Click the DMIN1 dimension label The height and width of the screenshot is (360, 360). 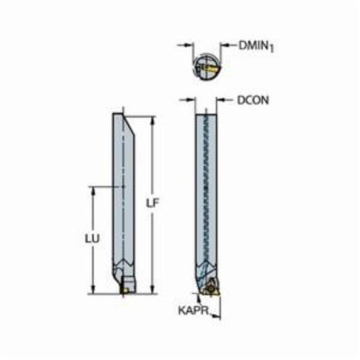256,46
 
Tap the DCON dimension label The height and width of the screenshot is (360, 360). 253,100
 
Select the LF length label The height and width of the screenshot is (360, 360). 153,203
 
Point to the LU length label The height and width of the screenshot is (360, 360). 92,239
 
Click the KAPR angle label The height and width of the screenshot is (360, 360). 193,310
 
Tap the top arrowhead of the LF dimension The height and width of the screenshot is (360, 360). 153,120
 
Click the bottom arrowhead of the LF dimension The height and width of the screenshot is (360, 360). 153,289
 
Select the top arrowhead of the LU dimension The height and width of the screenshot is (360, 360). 93,190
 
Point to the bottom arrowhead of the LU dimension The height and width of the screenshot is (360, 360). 93,289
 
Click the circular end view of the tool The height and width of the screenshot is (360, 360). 207,66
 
